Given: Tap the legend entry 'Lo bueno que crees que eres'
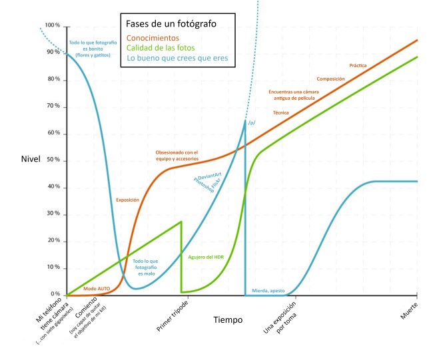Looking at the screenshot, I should coord(177,59).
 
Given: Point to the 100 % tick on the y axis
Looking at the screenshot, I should coord(52,26).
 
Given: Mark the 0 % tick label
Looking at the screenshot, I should coord(56,294).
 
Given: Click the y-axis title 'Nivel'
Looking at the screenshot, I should coord(31,160).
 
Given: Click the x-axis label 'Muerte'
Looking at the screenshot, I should coord(409,307).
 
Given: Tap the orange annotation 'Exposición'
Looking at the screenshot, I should coord(127,199).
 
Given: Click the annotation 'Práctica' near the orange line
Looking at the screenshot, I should coord(358,66).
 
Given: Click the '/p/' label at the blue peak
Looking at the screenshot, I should coord(252,124).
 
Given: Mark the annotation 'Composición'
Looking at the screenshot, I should coord(330,79).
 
